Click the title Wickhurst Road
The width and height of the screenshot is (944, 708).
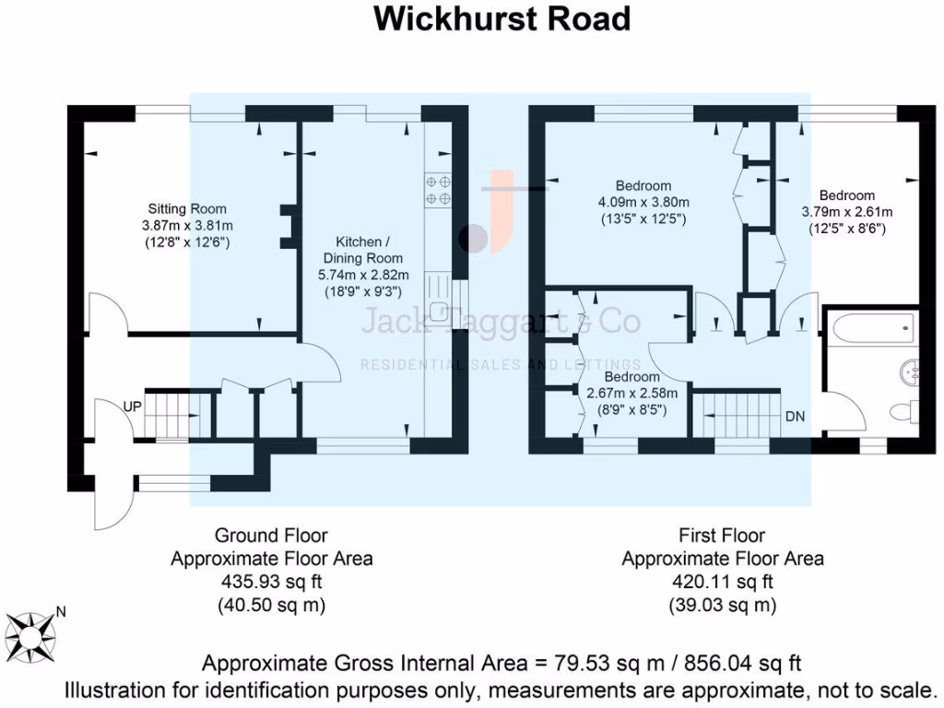[501, 18]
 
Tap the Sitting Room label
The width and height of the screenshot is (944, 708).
[187, 209]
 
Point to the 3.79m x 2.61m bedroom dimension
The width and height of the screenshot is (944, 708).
[846, 211]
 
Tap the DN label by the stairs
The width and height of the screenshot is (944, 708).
[795, 416]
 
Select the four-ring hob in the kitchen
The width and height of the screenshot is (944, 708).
[438, 190]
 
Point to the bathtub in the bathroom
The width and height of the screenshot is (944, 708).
[871, 326]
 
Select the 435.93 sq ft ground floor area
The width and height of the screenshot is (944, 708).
[271, 583]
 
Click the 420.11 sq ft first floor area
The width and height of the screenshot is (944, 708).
[722, 583]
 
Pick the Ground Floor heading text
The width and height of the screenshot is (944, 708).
[271, 535]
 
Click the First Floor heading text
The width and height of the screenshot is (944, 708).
[722, 535]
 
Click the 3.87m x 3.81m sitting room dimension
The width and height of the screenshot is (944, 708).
[187, 226]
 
